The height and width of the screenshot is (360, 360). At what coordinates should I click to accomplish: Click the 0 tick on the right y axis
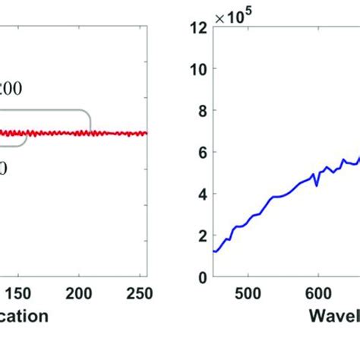[x=201, y=277]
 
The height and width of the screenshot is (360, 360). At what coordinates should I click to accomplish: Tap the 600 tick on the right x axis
[x=317, y=293]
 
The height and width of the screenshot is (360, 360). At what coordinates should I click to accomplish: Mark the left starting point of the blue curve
[x=214, y=251]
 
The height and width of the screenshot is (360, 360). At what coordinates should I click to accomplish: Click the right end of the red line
[x=147, y=133]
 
